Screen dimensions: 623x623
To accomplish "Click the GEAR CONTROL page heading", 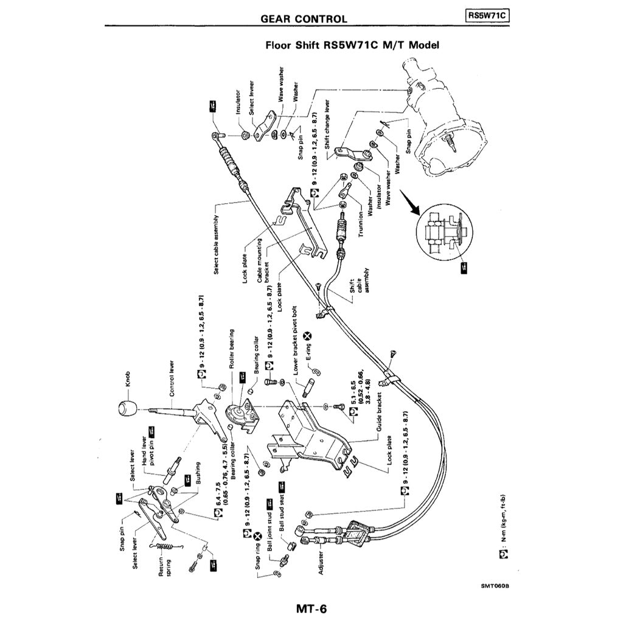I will pyautogui.click(x=304, y=19).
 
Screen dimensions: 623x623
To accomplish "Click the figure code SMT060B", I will pyautogui.click(x=494, y=586).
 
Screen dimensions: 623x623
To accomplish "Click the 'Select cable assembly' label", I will pyautogui.click(x=217, y=243).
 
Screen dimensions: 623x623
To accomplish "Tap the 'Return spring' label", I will pyautogui.click(x=165, y=566).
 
